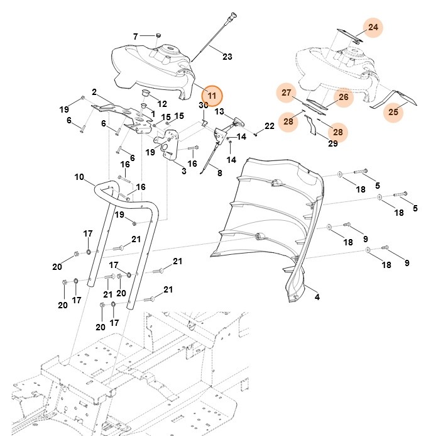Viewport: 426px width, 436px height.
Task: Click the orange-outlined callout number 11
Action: pyautogui.click(x=212, y=96)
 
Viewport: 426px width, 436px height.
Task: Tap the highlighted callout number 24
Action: pyautogui.click(x=373, y=28)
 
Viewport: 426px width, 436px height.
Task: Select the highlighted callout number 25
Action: pyautogui.click(x=393, y=112)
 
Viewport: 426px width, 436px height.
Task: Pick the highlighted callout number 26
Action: pyautogui.click(x=343, y=97)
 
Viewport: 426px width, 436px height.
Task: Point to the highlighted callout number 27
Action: pyautogui.click(x=287, y=93)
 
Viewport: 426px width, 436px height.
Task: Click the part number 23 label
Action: pyautogui.click(x=227, y=57)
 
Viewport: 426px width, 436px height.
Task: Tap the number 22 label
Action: pyautogui.click(x=270, y=126)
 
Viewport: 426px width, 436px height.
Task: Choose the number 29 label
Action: pyautogui.click(x=333, y=143)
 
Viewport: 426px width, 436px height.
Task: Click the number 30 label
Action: pyautogui.click(x=204, y=105)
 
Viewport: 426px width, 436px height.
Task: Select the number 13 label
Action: pyautogui.click(x=220, y=111)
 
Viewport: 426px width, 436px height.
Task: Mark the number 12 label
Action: pyautogui.click(x=162, y=104)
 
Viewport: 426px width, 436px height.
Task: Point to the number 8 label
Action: pyautogui.click(x=219, y=173)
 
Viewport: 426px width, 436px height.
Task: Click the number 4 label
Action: pyautogui.click(x=317, y=297)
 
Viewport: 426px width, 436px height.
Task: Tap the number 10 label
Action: pyautogui.click(x=79, y=178)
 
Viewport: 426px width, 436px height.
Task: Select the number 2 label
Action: pyautogui.click(x=94, y=92)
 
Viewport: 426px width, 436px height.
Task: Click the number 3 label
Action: pyautogui.click(x=183, y=170)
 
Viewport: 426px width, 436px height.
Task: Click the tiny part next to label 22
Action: pyautogui.click(x=257, y=133)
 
